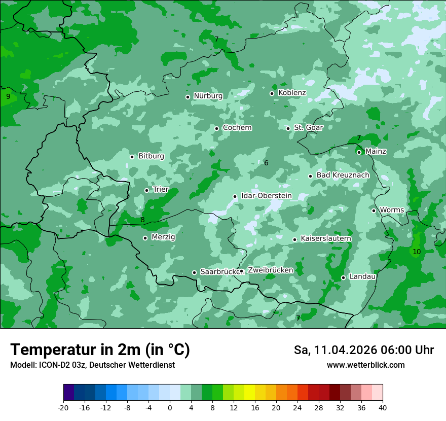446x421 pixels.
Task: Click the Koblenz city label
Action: pyautogui.click(x=292, y=93)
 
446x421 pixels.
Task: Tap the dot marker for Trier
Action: pyautogui.click(x=146, y=190)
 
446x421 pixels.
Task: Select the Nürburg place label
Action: pyautogui.click(x=208, y=95)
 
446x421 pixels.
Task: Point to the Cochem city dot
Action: pyautogui.click(x=216, y=128)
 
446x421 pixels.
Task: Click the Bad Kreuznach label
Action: pyautogui.click(x=343, y=175)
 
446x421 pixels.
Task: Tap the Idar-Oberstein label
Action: pyautogui.click(x=266, y=196)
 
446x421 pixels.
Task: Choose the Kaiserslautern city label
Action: pyautogui.click(x=326, y=238)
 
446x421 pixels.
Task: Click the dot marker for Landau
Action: pyautogui.click(x=343, y=277)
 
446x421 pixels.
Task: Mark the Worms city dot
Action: pyautogui.click(x=374, y=210)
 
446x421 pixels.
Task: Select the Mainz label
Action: pyautogui.click(x=376, y=151)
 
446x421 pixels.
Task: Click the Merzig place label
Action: pyautogui.click(x=163, y=237)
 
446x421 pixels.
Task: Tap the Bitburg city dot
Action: pyautogui.click(x=132, y=157)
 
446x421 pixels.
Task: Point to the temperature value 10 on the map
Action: pyautogui.click(x=417, y=252)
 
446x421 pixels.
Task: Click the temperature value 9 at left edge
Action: pyautogui.click(x=8, y=96)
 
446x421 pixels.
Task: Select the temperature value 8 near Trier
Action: pyautogui.click(x=142, y=220)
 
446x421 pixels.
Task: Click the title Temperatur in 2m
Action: pyautogui.click(x=100, y=349)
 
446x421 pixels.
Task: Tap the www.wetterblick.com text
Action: pyautogui.click(x=365, y=365)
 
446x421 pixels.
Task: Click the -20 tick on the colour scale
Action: pyautogui.click(x=63, y=407)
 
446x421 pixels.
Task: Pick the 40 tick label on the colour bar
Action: pyautogui.click(x=382, y=407)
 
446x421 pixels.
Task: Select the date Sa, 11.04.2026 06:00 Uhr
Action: pyautogui.click(x=363, y=350)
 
